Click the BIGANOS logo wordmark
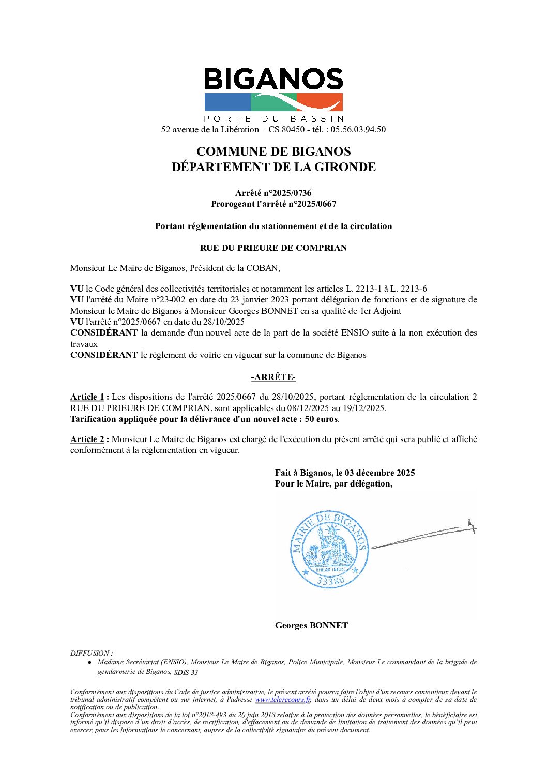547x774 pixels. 273,80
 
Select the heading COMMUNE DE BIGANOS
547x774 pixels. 273,151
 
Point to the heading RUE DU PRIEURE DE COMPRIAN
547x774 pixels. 273,248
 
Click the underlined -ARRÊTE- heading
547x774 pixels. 273,377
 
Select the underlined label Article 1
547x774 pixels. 87,397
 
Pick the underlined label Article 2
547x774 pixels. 87,439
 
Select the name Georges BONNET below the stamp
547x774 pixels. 311,626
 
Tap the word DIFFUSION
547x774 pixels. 90,654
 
